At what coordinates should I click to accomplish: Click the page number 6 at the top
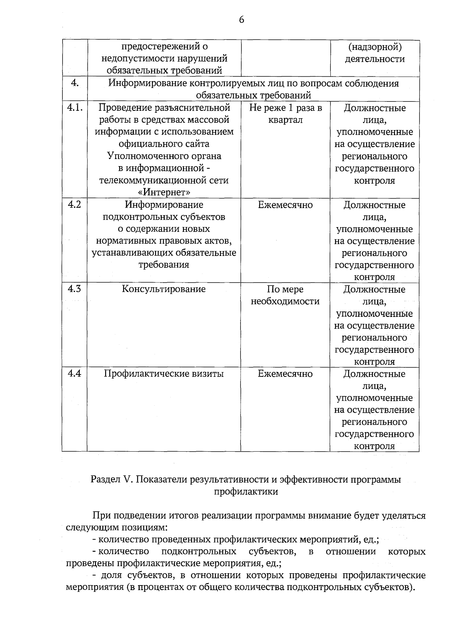pyautogui.click(x=241, y=19)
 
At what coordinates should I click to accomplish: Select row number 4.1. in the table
pyautogui.click(x=74, y=108)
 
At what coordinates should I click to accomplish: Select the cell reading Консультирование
pyautogui.click(x=164, y=289)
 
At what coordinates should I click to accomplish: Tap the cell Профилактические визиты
pyautogui.click(x=164, y=373)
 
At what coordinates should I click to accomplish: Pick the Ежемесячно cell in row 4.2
pyautogui.click(x=285, y=205)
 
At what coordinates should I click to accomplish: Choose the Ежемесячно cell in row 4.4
pyautogui.click(x=285, y=373)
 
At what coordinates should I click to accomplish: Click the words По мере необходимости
pyautogui.click(x=285, y=295)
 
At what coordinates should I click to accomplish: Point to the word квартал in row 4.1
pyautogui.click(x=285, y=120)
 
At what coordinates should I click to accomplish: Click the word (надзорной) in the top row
pyautogui.click(x=375, y=47)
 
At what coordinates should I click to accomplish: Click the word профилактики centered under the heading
pyautogui.click(x=246, y=491)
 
